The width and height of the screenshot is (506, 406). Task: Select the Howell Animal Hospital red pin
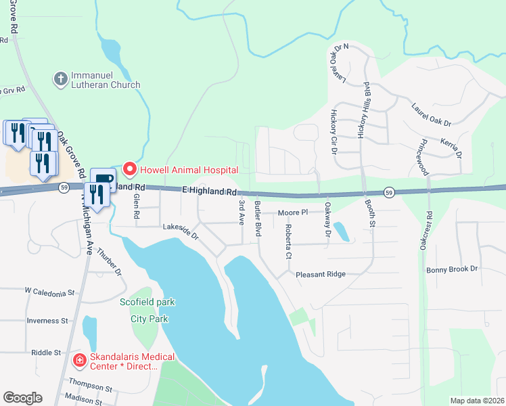(129, 168)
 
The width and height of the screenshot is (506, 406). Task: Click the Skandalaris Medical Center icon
(79, 361)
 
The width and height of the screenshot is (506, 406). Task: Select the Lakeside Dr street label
(180, 233)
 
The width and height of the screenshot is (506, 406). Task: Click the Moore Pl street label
(293, 212)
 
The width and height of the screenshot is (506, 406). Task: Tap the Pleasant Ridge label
(321, 274)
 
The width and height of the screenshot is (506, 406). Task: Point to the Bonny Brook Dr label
(452, 269)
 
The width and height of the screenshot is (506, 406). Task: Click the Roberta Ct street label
(288, 242)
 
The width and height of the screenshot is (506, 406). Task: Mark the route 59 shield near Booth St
(389, 192)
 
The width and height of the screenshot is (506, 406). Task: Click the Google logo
(22, 398)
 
